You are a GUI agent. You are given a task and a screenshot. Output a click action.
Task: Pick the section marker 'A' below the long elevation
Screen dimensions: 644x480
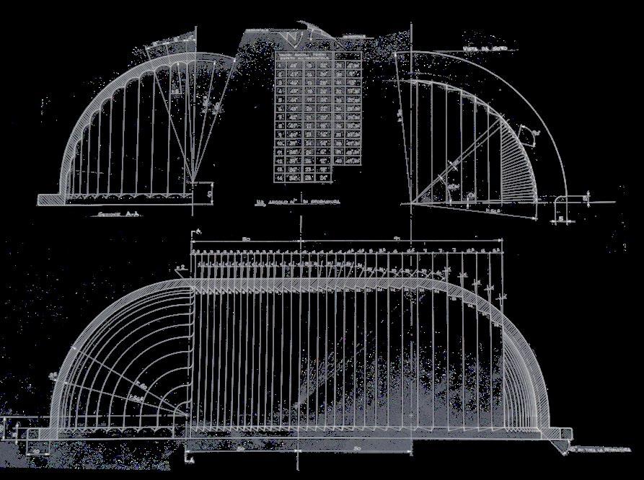tap(189, 458)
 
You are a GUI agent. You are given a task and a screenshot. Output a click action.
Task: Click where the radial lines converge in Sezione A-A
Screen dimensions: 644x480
tap(193, 180)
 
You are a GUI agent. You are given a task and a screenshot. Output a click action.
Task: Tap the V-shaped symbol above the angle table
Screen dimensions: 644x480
tap(292, 38)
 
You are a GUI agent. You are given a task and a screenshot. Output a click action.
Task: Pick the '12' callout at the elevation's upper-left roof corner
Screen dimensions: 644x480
tap(180, 267)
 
